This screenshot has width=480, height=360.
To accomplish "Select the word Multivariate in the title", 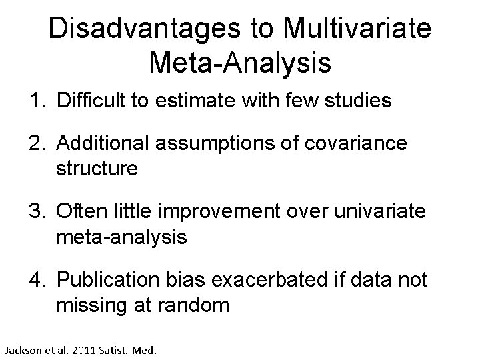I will coord(357,29).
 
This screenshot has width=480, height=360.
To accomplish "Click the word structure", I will coord(97,169).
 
